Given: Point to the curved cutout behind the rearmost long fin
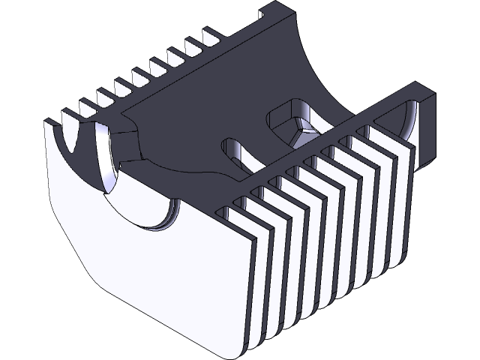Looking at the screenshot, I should [409, 120].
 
